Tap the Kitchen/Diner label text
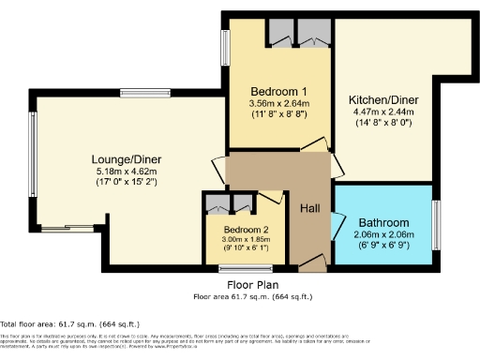[x=382, y=100]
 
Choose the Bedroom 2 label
[x=246, y=229]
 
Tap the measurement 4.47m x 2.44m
[x=382, y=112]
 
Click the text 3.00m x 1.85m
[x=246, y=240]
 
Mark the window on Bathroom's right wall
[x=436, y=224]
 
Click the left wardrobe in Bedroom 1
[x=280, y=31]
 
